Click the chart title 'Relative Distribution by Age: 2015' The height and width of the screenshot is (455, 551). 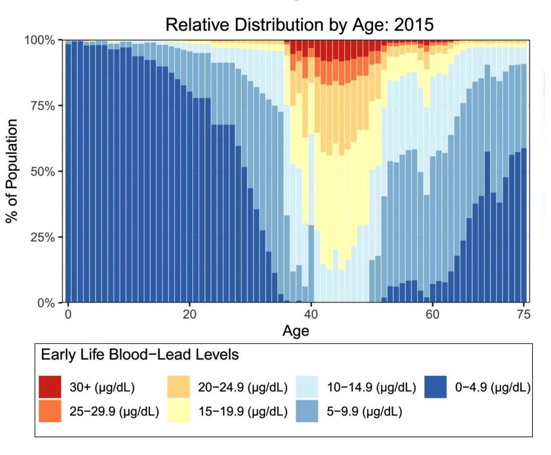(299, 25)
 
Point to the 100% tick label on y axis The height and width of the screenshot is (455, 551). (39, 40)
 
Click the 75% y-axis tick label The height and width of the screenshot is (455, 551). (42, 106)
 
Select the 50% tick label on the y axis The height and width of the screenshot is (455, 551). (42, 171)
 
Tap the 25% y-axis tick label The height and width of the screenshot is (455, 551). (42, 237)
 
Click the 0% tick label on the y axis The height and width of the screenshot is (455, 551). (46, 303)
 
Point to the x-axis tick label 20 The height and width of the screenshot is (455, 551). (189, 314)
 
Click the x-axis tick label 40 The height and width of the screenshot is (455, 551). (311, 314)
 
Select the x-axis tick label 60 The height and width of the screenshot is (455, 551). (432, 314)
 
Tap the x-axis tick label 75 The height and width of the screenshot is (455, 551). (523, 314)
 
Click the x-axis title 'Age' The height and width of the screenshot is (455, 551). (295, 331)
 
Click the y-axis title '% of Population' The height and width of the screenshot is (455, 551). (12, 171)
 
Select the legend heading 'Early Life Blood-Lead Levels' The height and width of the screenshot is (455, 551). (140, 355)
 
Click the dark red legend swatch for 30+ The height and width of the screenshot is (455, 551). (50, 387)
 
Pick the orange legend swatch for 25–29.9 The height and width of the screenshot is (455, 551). (50, 411)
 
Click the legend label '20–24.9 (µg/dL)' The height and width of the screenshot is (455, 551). (242, 387)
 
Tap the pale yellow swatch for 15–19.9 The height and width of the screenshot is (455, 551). (178, 411)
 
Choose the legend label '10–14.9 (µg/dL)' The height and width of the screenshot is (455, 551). (371, 387)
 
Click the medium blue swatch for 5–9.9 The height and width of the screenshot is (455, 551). (307, 411)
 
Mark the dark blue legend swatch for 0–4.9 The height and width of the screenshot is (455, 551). (435, 387)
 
